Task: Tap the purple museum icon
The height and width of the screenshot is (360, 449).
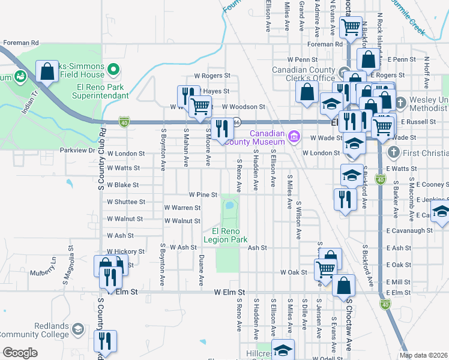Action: [x=294, y=137]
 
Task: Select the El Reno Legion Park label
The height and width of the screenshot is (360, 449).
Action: [x=226, y=235]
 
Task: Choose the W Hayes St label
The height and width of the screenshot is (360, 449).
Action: [x=215, y=91]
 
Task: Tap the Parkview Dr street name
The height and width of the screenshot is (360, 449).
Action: [x=77, y=150]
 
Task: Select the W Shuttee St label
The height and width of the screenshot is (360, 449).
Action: [x=125, y=202]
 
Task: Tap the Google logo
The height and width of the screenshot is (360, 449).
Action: [x=20, y=353]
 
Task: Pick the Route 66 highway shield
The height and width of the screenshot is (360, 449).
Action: [x=237, y=121]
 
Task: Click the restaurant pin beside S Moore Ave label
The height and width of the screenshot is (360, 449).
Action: [x=222, y=129]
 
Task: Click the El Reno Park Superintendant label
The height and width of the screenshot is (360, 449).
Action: [x=100, y=91]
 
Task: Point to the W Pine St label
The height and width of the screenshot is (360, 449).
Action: [x=202, y=194]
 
